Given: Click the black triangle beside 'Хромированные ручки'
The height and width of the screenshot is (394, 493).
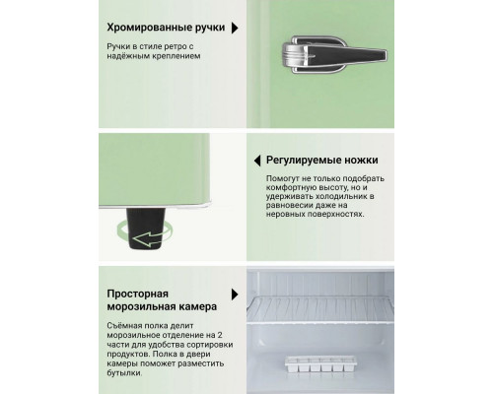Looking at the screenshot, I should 235,30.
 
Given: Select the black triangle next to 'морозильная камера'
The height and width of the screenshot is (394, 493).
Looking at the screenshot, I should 235,295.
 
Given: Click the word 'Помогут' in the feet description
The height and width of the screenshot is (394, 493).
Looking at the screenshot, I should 283,178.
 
